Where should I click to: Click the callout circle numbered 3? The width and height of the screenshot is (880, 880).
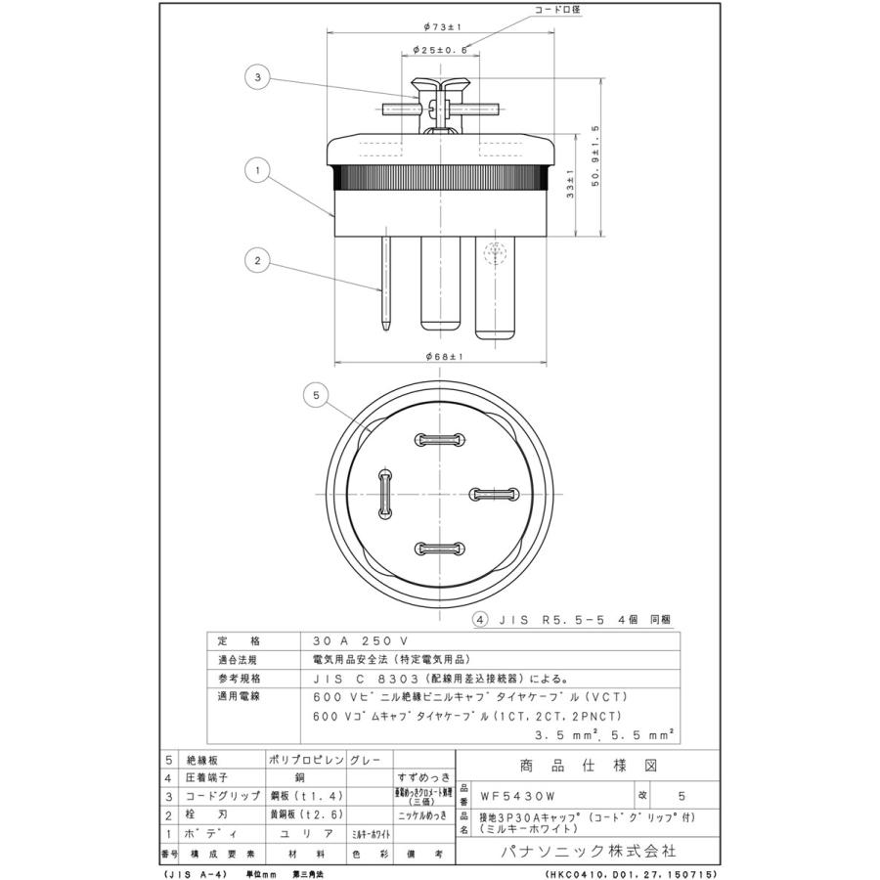coord(258,76)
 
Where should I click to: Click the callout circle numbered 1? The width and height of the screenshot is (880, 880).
coord(258,170)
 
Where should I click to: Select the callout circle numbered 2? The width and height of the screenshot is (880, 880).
coord(258,261)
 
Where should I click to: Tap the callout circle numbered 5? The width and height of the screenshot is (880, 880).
coord(315,395)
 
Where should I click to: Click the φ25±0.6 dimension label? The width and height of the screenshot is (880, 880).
coord(440,48)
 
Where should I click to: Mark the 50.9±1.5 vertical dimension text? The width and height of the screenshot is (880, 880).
coord(595,157)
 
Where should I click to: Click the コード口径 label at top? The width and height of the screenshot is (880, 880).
coord(555,9)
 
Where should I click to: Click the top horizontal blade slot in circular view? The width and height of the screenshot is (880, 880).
coord(438,440)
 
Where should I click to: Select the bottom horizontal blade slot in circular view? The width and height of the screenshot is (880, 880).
coord(438,549)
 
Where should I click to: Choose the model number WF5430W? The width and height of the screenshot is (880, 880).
coord(515,795)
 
